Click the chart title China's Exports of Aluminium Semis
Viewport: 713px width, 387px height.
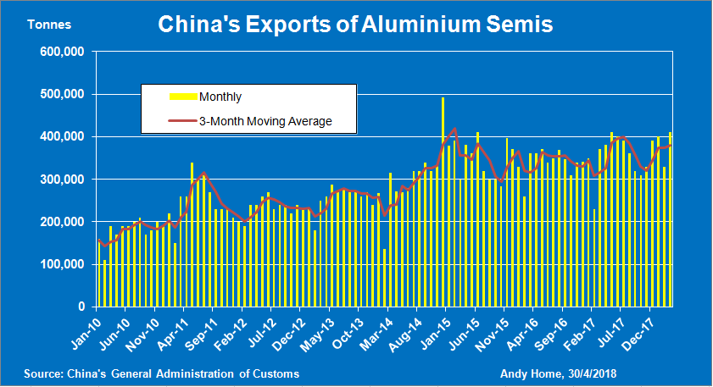click(x=355, y=25)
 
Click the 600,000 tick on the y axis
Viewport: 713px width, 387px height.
click(x=62, y=52)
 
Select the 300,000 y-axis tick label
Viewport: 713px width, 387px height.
click(x=62, y=180)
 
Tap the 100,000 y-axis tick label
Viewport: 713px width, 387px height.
click(x=62, y=264)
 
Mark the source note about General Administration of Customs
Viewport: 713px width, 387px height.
click(x=161, y=373)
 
